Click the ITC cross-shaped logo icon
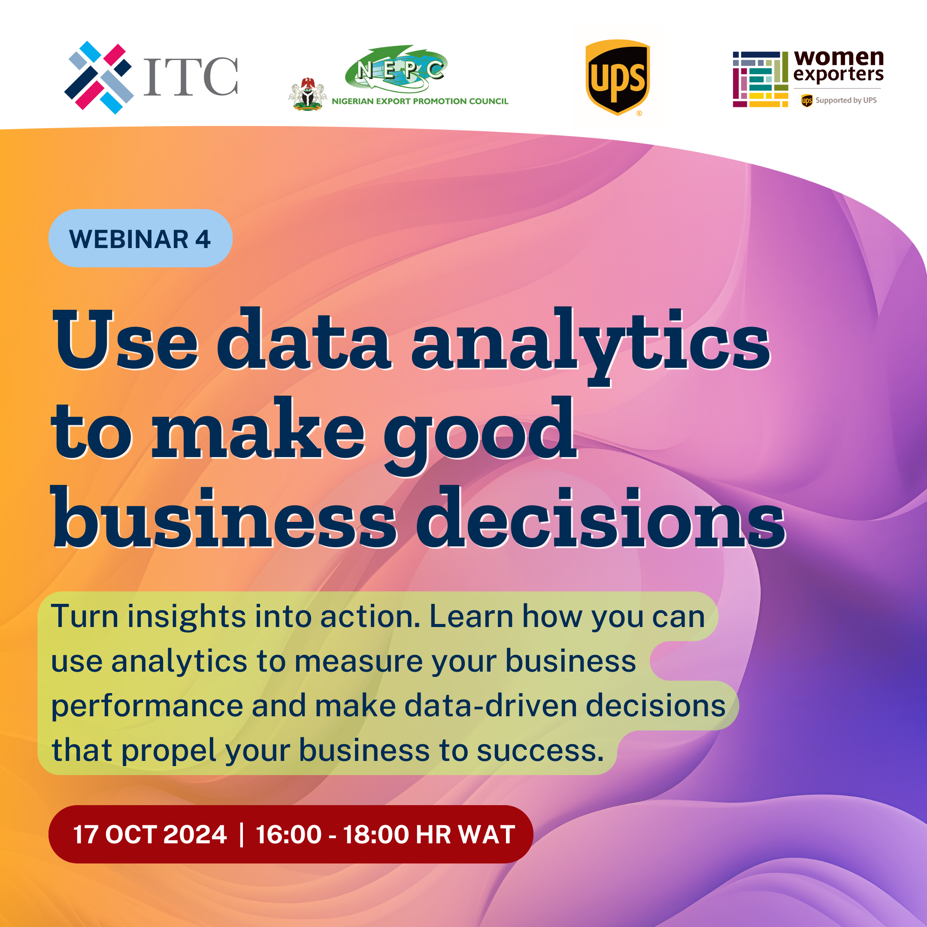tap(99, 78)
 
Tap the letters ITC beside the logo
tap(191, 77)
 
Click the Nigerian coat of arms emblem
tap(308, 94)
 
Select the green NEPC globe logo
tap(396, 69)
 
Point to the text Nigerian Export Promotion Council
tap(420, 101)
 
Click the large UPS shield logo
tap(618, 77)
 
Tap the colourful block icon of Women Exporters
tap(760, 79)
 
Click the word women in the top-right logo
tap(839, 58)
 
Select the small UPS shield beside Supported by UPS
tap(806, 100)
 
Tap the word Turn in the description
tap(85, 616)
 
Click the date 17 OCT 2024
tap(150, 834)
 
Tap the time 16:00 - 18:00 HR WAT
tap(385, 834)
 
